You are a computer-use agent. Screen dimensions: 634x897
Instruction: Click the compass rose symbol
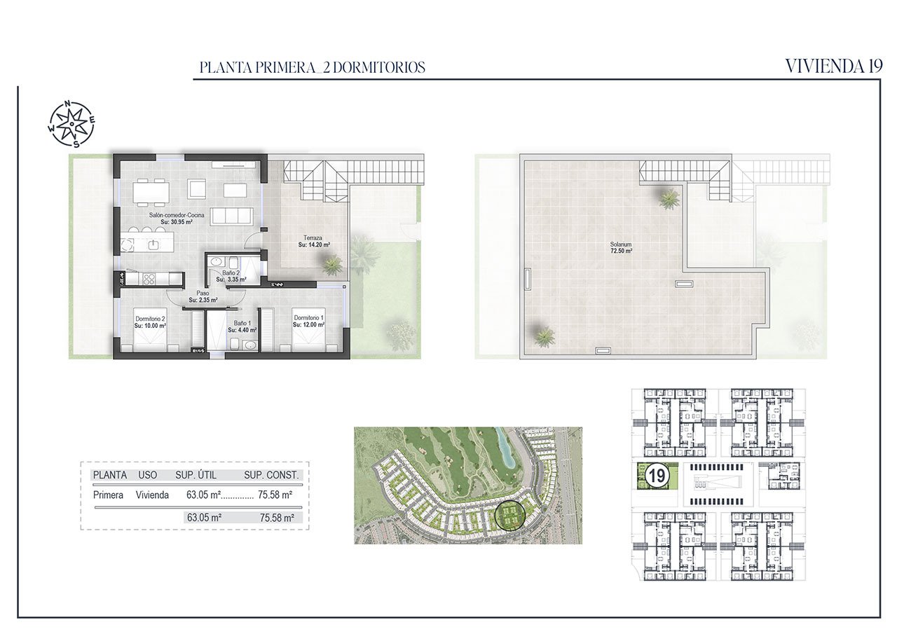click(x=72, y=125)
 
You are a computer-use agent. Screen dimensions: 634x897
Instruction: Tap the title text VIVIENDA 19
click(x=833, y=67)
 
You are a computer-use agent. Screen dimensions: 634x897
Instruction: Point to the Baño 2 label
click(x=231, y=273)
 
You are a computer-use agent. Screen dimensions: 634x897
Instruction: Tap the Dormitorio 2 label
click(x=150, y=318)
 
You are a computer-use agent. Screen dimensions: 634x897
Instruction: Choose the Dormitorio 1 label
click(x=308, y=318)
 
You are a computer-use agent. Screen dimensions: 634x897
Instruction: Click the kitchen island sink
click(x=153, y=244)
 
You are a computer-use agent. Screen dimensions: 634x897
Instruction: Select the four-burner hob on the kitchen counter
click(x=149, y=279)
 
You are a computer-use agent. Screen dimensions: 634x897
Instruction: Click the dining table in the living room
click(x=151, y=190)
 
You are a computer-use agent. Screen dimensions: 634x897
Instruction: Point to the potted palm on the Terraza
click(x=332, y=264)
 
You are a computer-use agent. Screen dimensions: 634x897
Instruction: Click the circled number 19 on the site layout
click(x=657, y=476)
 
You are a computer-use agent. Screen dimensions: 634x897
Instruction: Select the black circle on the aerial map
click(x=509, y=516)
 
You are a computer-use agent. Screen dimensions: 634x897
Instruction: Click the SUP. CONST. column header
click(x=271, y=475)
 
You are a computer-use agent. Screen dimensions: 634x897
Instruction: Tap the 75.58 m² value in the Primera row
click(x=275, y=495)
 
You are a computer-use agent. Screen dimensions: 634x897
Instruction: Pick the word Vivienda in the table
click(x=152, y=495)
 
